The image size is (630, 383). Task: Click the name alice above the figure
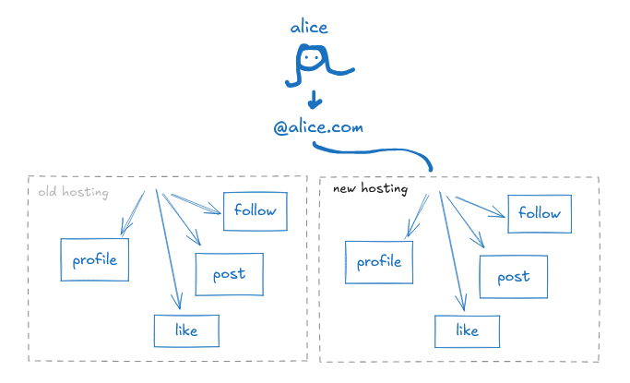coord(309,28)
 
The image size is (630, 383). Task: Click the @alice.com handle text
coord(318,127)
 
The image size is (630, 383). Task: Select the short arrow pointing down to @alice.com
coord(315,98)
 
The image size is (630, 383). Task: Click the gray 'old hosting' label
coord(73,193)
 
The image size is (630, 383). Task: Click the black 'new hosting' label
coord(369,189)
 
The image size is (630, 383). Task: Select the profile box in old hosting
coord(94,259)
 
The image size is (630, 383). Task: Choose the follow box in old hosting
coord(256,211)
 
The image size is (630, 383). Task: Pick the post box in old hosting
coord(229,274)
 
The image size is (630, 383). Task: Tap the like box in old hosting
coord(187,329)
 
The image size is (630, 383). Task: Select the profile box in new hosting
coord(378,262)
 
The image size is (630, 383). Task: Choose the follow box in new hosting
coord(540,213)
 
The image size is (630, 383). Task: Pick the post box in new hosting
coord(513,277)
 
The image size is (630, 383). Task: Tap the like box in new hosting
coord(468,330)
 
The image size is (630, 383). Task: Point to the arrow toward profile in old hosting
coord(133,212)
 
